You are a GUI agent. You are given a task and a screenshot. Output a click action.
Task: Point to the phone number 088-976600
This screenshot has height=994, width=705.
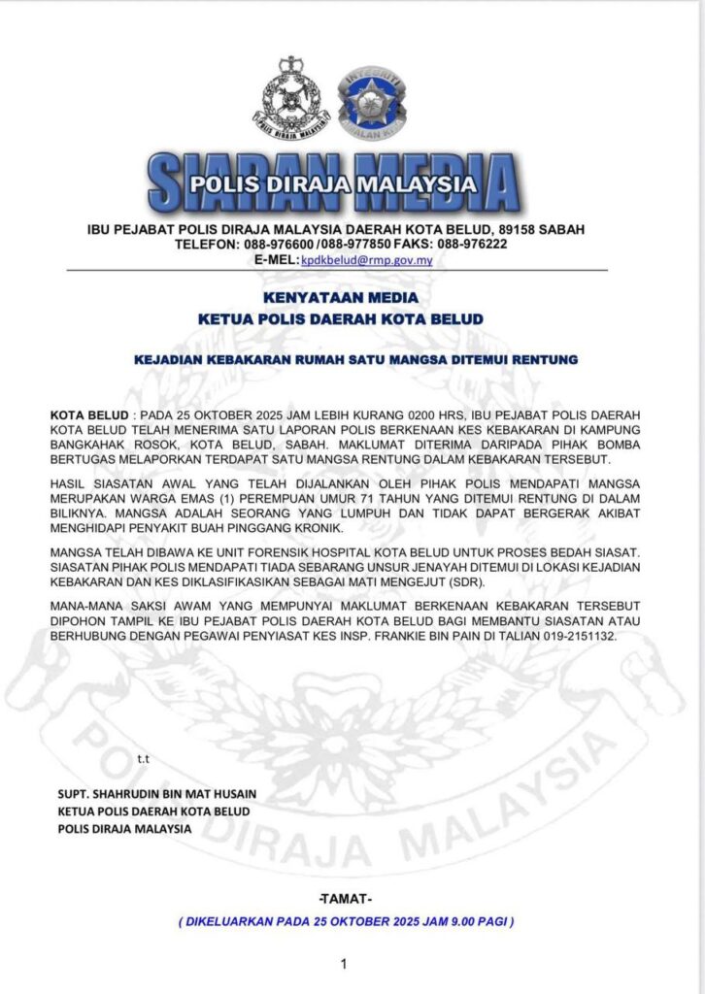tap(276, 245)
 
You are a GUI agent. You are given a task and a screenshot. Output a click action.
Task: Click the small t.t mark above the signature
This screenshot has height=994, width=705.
tap(143, 757)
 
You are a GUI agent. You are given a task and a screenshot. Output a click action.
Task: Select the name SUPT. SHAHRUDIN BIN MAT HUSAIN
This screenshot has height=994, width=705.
tap(160, 793)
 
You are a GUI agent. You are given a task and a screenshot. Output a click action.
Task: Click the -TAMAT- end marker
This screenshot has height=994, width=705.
tap(345, 899)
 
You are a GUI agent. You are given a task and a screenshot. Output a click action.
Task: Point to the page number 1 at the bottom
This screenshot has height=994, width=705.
tap(344, 964)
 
